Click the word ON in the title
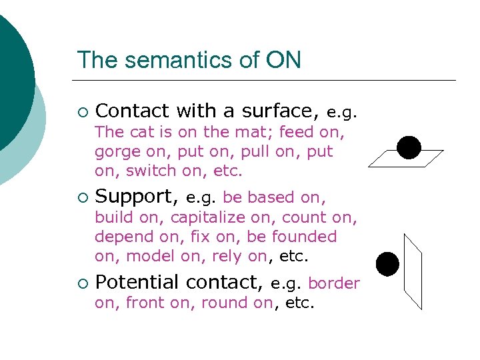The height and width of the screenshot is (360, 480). click(x=285, y=60)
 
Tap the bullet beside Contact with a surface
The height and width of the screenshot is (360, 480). click(x=82, y=111)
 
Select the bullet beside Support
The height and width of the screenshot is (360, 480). click(x=82, y=197)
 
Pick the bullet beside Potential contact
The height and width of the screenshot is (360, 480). click(x=82, y=283)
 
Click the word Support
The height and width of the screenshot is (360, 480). click(x=137, y=197)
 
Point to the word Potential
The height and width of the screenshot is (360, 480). click(x=137, y=283)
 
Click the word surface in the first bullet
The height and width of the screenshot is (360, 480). click(x=280, y=110)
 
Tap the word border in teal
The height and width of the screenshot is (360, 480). click(x=334, y=283)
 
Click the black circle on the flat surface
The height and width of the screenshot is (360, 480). click(x=409, y=147)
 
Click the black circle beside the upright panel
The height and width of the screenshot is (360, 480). click(x=387, y=264)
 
